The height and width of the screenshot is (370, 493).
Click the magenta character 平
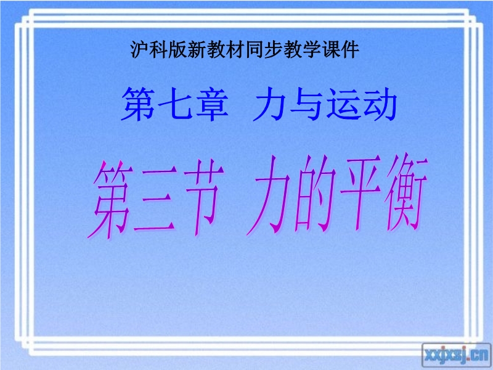[x=361, y=194]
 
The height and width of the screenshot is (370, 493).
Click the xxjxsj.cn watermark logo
[x=456, y=355]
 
